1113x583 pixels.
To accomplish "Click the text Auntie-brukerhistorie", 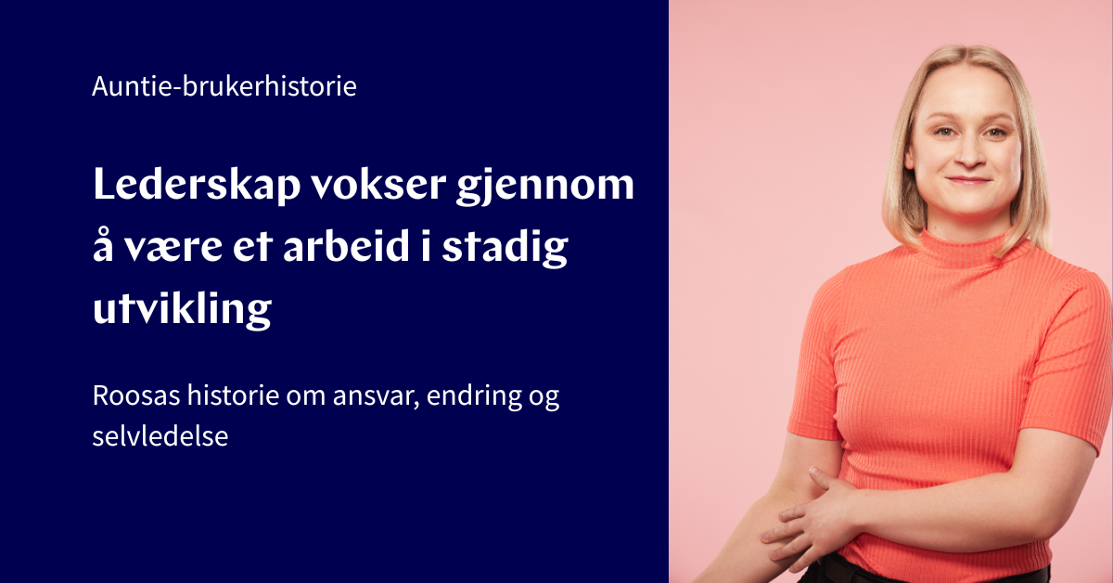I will pyautogui.click(x=224, y=88).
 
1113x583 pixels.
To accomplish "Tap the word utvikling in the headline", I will pyautogui.click(x=182, y=310).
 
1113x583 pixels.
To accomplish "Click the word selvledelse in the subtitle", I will pyautogui.click(x=160, y=435).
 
